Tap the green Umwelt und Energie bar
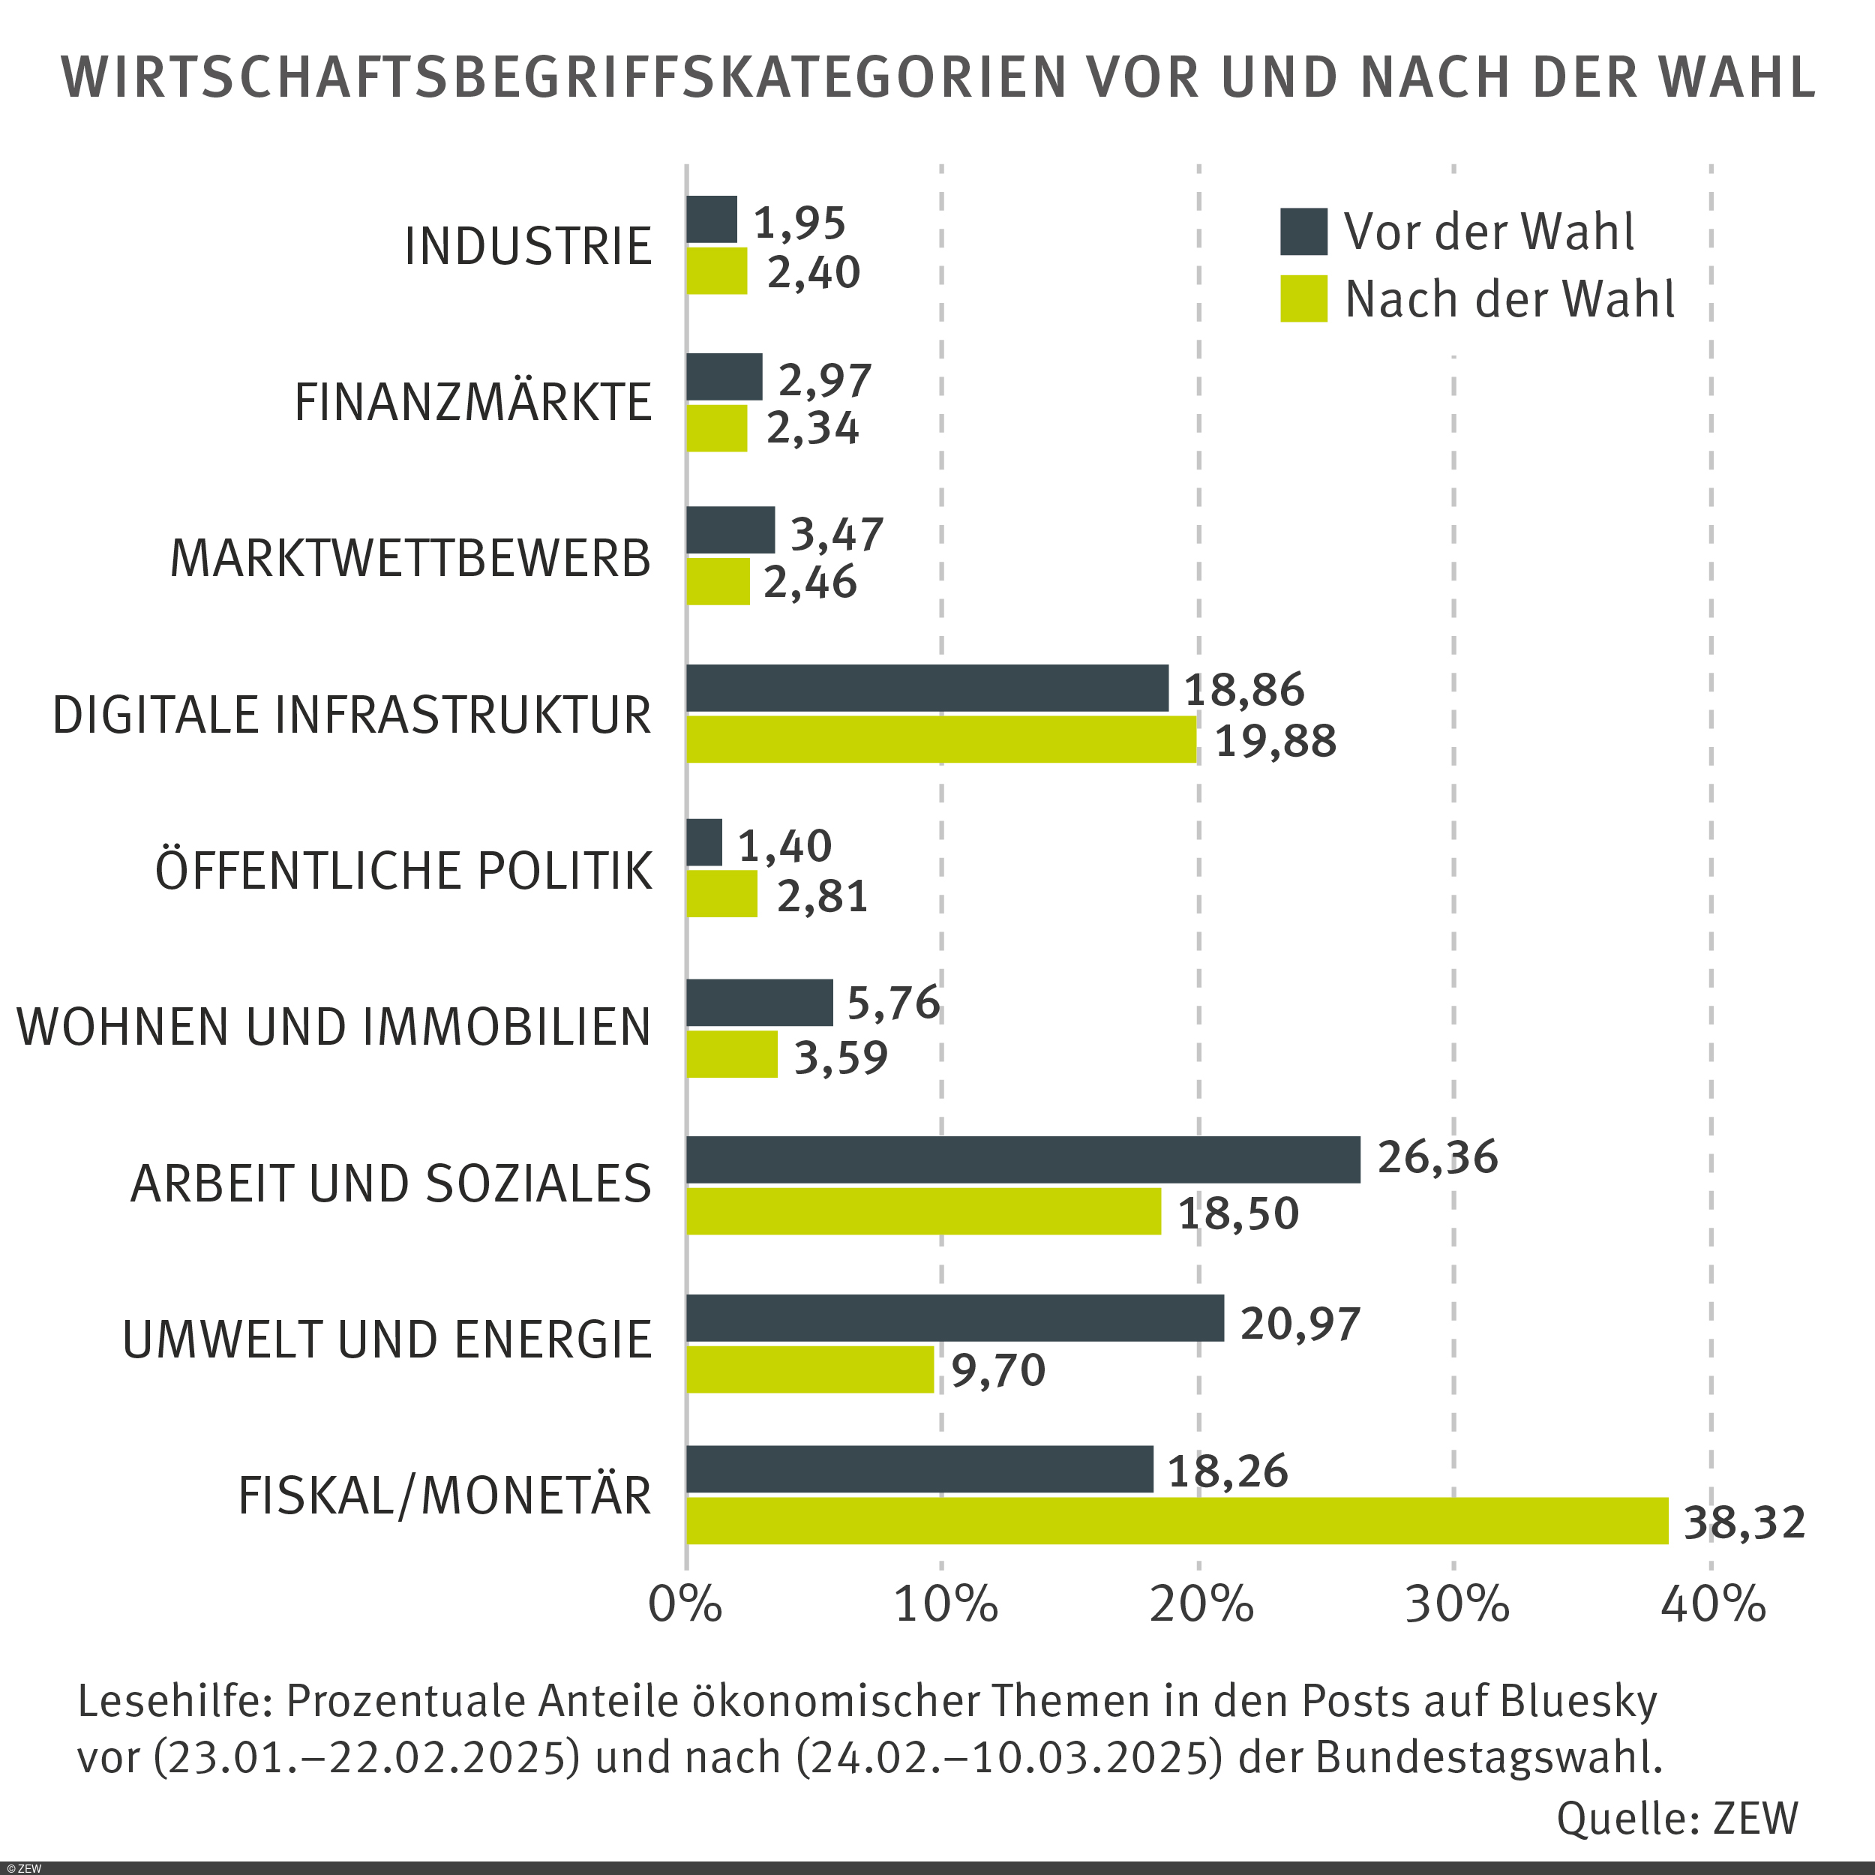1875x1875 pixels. point(810,1369)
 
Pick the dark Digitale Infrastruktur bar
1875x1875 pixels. point(927,688)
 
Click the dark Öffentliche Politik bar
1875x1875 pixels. point(704,842)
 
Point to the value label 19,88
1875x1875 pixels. point(1274,742)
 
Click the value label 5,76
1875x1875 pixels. point(892,1003)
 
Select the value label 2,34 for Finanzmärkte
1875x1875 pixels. point(812,429)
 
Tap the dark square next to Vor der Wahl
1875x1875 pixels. point(1303,232)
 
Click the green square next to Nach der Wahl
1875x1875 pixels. point(1303,299)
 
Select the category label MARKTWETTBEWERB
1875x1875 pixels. point(409,559)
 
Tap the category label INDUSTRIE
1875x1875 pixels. point(527,247)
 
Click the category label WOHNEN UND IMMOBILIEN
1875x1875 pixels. point(334,1027)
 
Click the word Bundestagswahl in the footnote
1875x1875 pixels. point(1489,1756)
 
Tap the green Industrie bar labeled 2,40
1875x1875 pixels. point(717,271)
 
